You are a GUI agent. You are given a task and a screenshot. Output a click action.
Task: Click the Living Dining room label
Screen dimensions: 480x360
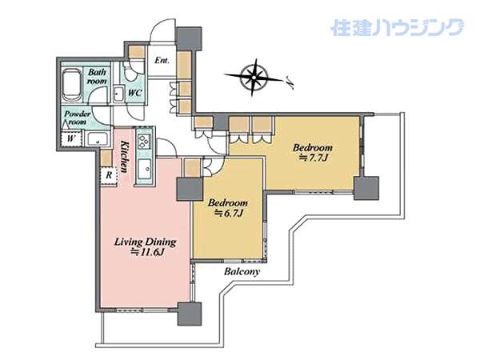[x=145, y=242]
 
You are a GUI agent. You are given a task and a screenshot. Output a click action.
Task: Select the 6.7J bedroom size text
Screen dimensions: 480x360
[x=228, y=213]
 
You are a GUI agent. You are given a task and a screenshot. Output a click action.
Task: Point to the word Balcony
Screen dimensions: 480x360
[x=242, y=271]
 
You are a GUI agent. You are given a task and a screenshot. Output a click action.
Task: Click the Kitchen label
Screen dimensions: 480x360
[x=124, y=157]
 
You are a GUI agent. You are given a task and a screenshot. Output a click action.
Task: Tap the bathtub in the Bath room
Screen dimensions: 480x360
[x=72, y=85]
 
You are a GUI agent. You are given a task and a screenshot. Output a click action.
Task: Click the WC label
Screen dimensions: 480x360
[x=134, y=93]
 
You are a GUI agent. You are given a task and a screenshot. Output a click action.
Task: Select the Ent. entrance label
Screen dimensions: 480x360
[x=162, y=60]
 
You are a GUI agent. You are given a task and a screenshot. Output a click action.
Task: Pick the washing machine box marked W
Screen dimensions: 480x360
[x=71, y=138]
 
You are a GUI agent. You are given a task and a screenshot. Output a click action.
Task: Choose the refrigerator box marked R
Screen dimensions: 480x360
[x=109, y=176]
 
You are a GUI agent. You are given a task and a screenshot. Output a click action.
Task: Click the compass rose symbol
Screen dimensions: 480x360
[x=254, y=77]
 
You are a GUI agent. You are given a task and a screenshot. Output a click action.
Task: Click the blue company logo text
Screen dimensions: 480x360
[x=397, y=27]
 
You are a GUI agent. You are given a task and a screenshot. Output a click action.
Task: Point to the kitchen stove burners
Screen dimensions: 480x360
[x=144, y=142]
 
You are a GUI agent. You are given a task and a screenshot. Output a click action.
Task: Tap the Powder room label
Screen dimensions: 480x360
[x=78, y=118]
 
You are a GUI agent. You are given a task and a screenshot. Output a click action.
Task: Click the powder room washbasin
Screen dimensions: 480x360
[x=98, y=139]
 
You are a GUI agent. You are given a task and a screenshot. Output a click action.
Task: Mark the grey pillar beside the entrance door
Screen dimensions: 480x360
[x=189, y=38]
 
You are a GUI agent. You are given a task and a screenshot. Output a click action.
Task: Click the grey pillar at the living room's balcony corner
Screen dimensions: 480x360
[x=190, y=314]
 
